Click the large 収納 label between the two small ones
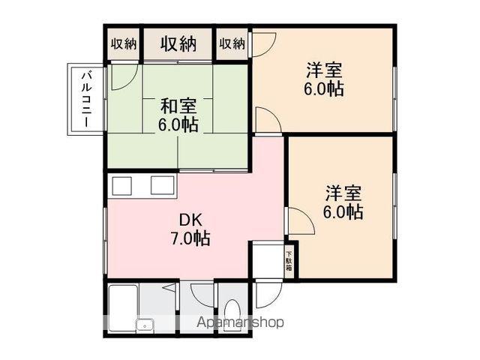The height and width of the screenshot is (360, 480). tap(178, 43)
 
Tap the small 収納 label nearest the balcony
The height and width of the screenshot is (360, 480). tap(124, 43)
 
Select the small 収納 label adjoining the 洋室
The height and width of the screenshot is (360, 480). tap(232, 43)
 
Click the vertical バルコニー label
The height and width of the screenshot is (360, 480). tap(85, 98)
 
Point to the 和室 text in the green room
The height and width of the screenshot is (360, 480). tap(178, 104)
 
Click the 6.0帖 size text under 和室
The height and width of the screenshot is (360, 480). tap(178, 124)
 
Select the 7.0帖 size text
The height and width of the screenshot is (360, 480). tap(190, 239)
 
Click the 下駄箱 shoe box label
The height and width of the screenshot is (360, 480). tap(289, 259)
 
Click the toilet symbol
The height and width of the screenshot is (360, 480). tap(232, 313)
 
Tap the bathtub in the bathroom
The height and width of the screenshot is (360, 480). tap(124, 301)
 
